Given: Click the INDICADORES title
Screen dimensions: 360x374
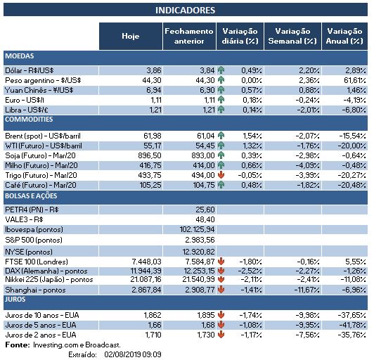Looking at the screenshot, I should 185,11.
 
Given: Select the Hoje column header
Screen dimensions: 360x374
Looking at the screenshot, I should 130,36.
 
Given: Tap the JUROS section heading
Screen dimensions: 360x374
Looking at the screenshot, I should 18,299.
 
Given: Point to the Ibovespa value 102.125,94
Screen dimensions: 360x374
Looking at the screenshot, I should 196,229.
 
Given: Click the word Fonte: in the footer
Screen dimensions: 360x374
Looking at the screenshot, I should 17,345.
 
